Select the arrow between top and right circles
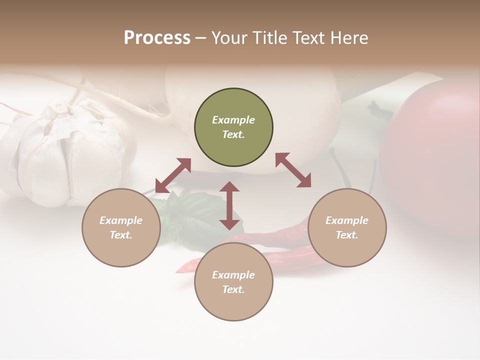coord(293,170)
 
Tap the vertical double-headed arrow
coord(229,205)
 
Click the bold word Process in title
coord(157,38)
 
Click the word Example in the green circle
coord(233,120)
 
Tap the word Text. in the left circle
coord(121,235)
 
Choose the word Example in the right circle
coord(347,220)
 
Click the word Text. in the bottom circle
coord(233,289)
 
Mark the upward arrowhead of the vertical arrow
coord(229,187)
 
